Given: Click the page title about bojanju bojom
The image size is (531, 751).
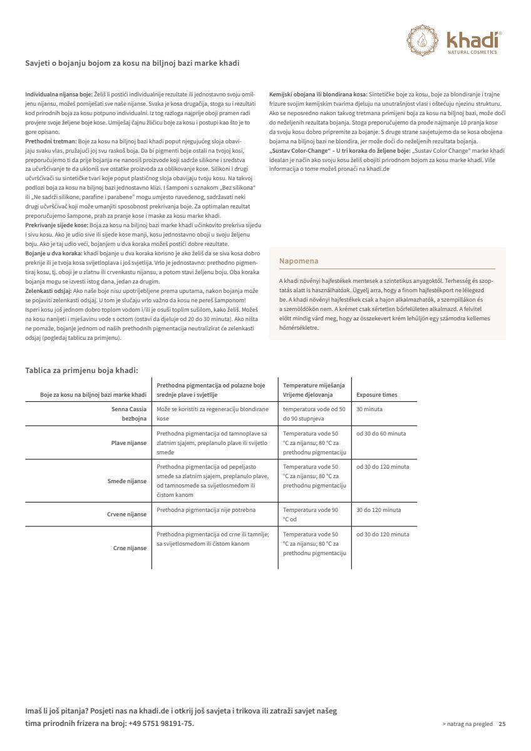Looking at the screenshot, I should pos(132,63).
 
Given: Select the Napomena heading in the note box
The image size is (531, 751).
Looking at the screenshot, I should pos(299,260).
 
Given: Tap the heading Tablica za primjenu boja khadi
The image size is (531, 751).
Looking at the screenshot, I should pos(81,370).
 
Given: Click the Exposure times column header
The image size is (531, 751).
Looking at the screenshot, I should pos(376,395).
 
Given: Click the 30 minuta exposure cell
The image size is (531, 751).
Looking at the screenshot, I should pos(369,409).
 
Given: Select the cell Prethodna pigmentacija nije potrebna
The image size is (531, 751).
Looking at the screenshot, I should pos(206,510).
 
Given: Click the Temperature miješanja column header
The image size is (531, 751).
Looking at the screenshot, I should pos(314,386).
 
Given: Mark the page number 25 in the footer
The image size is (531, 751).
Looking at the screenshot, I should pos(502,724).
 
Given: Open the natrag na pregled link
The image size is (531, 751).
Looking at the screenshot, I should pos(467,724).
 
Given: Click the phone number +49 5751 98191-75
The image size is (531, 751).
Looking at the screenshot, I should pos(162,723).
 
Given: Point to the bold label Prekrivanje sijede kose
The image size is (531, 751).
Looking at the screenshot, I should pos(56,224).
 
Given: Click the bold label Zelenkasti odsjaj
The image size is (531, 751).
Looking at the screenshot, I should pos(48,291).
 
